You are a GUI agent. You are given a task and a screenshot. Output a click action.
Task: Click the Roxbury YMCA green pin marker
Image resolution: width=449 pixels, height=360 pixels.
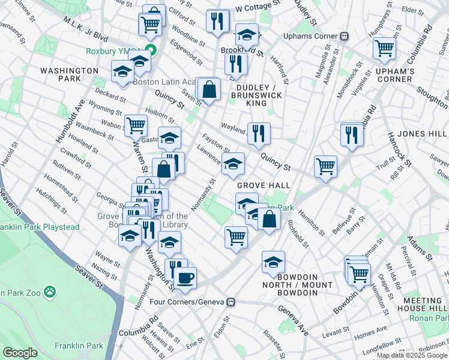click(153, 51)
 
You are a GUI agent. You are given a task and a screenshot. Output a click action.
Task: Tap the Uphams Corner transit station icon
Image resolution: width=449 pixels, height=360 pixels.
click(345, 36)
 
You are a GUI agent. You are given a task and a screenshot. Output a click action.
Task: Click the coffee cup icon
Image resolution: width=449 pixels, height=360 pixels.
click(185, 278)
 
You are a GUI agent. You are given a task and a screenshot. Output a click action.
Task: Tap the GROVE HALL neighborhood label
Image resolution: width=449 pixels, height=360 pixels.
click(263, 186)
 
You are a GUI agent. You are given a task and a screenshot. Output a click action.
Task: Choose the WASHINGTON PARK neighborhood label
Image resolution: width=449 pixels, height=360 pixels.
click(69, 75)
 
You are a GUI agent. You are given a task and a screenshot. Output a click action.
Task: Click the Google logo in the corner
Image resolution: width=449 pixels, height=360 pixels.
click(20, 353)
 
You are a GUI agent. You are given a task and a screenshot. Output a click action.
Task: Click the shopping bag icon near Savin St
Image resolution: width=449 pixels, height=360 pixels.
click(208, 90)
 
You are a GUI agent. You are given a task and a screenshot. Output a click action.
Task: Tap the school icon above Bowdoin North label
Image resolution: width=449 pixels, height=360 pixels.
click(273, 262)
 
